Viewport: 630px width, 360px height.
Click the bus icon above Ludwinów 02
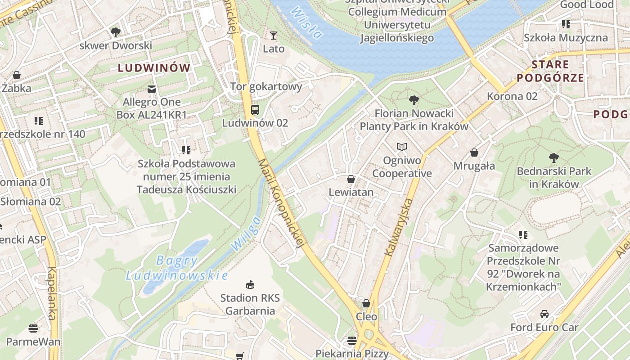coord(255,110)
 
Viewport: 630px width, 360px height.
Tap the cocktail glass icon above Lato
coord(274,36)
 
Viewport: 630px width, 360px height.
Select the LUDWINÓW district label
coord(154,68)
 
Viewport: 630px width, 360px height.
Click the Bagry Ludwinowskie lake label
coord(177,268)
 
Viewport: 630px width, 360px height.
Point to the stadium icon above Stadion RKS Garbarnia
coord(250,284)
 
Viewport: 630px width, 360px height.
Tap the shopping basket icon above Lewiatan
coord(351,180)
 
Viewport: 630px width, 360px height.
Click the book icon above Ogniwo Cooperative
coord(401,147)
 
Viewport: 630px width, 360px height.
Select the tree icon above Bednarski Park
coord(553,158)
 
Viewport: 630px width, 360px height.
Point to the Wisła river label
coord(306,22)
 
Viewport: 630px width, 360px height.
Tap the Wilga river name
coord(246,234)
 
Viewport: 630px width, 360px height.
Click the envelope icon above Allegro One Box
coord(151,89)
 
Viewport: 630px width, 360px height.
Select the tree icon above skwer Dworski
coord(116,32)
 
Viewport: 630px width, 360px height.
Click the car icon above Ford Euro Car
coord(544,314)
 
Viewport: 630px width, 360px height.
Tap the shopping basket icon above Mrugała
coord(474,153)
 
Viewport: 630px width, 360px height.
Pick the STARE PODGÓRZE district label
coord(550,71)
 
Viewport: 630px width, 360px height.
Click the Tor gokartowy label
coord(266,86)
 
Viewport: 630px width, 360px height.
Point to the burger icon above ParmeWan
coord(33,328)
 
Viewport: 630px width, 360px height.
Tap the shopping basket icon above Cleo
coord(366,303)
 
